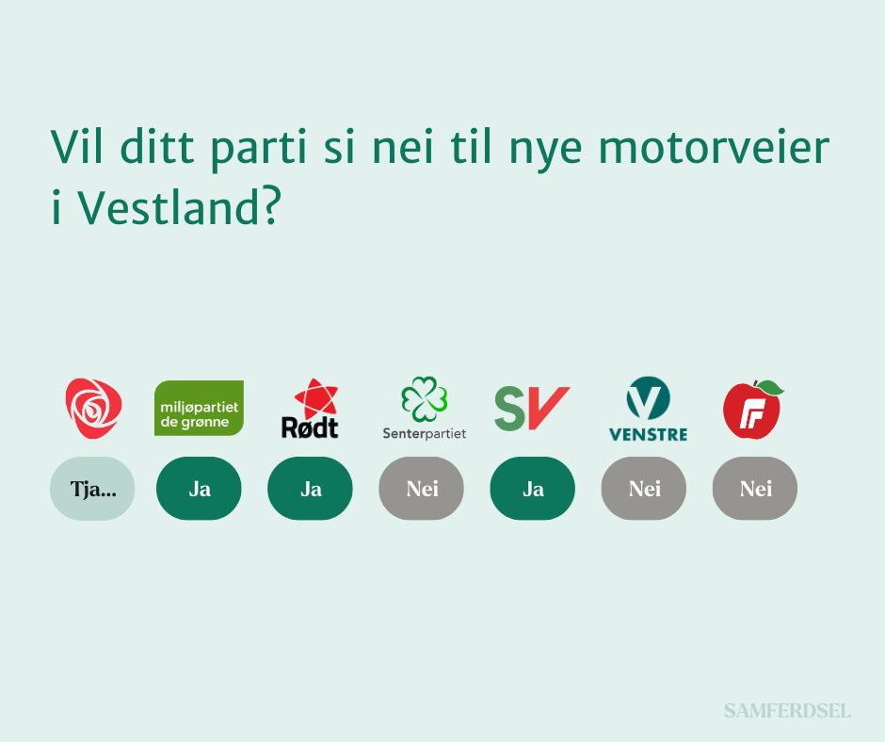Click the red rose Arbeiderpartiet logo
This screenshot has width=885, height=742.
[x=93, y=409]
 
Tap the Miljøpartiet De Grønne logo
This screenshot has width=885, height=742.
[x=199, y=409]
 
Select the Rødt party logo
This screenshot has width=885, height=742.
[x=310, y=409]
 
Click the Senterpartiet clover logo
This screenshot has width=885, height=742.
[x=425, y=409]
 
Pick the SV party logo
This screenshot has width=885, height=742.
[x=532, y=409]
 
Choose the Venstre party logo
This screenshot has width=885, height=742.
[x=648, y=409]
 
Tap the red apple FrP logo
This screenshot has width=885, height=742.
[x=753, y=410]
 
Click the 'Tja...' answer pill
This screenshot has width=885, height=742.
[x=92, y=489]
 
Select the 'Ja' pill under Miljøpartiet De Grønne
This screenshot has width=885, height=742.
[x=199, y=489]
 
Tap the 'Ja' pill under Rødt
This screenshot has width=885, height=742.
[x=310, y=489]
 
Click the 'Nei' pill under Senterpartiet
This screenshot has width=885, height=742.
[x=421, y=489]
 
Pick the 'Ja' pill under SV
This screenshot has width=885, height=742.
[x=532, y=489]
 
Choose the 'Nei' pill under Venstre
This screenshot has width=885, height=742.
[x=643, y=489]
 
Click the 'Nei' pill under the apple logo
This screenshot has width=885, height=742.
[x=755, y=489]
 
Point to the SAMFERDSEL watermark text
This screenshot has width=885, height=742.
[x=787, y=711]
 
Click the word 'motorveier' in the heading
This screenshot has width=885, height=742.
[x=714, y=148]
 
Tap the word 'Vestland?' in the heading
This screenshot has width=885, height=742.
[x=179, y=206]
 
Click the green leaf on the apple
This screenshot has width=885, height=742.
[x=770, y=387]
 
